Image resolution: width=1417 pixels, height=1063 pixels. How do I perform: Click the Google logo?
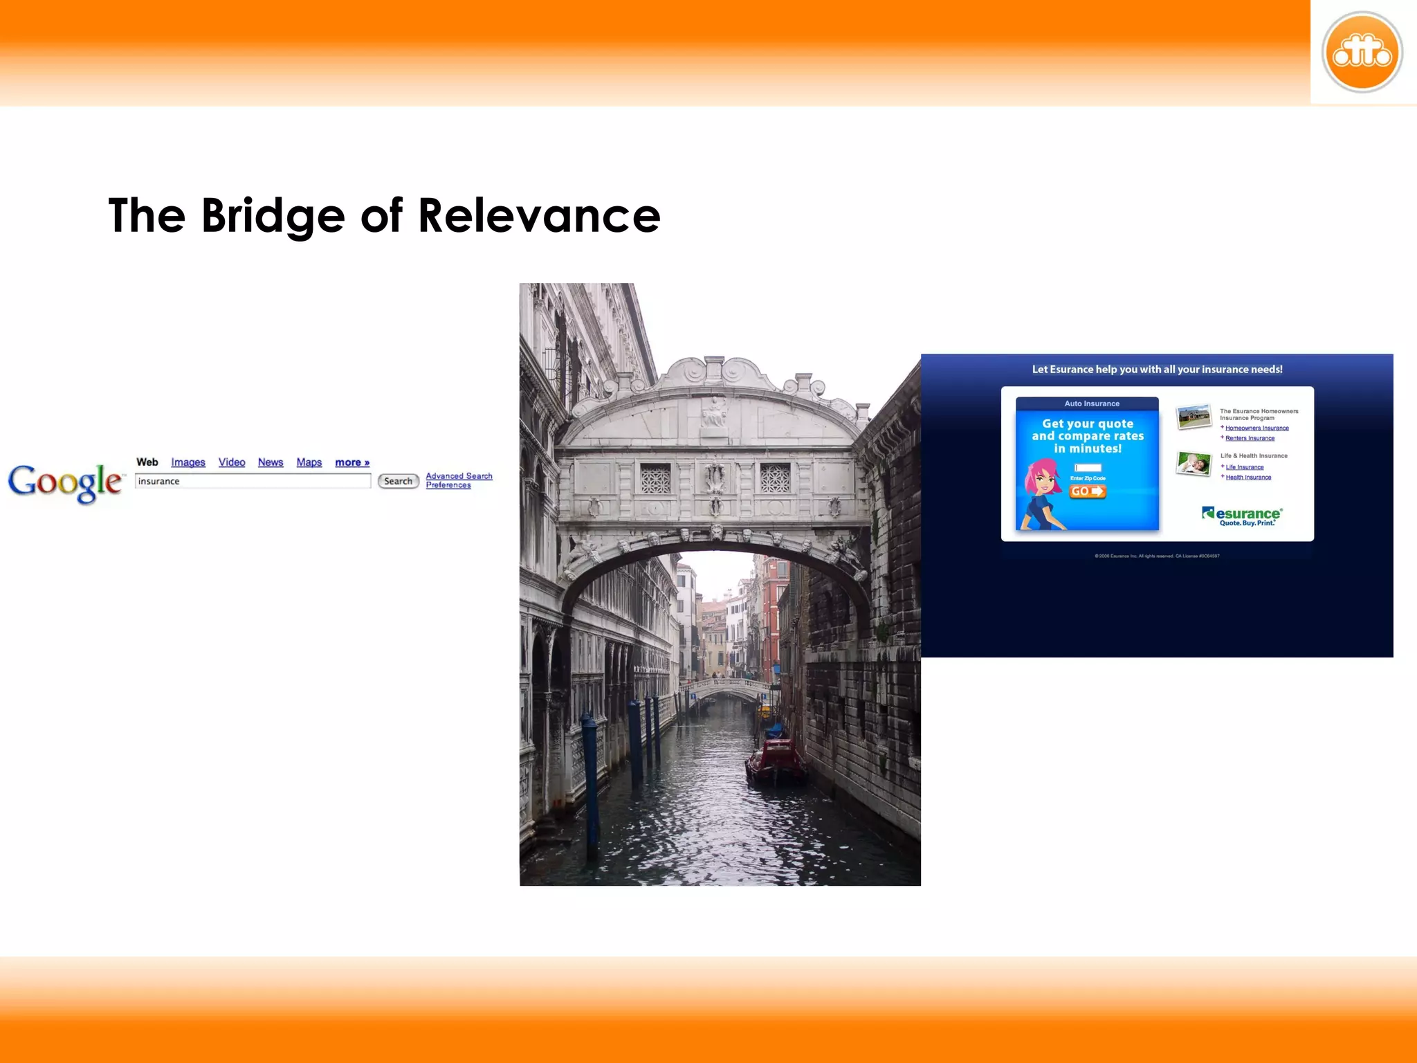[66, 482]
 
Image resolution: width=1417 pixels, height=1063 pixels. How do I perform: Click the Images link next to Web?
[188, 462]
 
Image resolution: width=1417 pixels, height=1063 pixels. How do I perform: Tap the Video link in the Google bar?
[232, 462]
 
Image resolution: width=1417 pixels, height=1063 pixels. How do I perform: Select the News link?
[271, 462]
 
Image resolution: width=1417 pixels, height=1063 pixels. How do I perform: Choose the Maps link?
[309, 462]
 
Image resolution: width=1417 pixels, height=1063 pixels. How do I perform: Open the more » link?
[352, 462]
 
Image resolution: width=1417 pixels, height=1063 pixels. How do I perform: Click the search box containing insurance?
[253, 481]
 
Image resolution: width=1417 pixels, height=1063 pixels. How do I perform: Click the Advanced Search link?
[459, 476]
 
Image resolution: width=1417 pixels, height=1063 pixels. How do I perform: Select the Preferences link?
[448, 485]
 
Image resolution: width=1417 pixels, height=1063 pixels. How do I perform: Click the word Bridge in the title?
[273, 216]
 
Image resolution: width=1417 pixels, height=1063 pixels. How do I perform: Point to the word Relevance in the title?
[539, 216]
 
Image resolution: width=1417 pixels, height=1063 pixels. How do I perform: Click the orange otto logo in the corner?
[1362, 53]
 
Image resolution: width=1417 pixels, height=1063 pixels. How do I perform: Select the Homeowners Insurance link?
[1256, 428]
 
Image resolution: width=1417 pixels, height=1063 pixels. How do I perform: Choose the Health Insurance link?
[1248, 478]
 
